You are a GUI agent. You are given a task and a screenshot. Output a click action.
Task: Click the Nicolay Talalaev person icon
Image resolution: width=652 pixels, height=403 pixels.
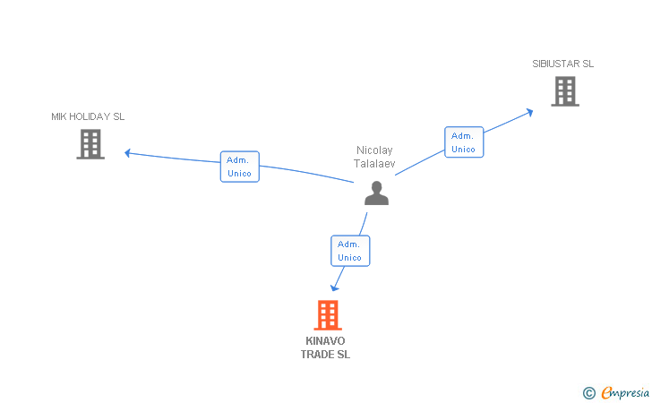click(x=376, y=193)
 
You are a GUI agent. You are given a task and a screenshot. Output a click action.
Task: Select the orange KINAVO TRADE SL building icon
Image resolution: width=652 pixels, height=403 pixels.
click(x=328, y=315)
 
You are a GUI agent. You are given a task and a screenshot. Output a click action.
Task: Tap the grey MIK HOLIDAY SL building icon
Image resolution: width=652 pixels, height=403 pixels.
click(x=90, y=144)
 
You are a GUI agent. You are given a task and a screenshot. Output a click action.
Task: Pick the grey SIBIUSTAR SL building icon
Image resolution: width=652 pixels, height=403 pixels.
click(x=564, y=91)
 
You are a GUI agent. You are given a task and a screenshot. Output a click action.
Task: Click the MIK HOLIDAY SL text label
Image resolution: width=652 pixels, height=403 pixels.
click(x=88, y=116)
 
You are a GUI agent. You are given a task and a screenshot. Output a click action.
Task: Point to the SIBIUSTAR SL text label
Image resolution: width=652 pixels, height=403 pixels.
click(x=563, y=64)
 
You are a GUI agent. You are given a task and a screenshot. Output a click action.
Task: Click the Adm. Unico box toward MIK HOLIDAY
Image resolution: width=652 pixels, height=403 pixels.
click(x=240, y=167)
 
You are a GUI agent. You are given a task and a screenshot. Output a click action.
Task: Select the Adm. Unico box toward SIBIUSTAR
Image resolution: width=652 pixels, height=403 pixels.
click(x=464, y=142)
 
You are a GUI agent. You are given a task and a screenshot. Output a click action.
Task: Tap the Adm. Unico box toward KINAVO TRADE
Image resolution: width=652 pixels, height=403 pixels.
click(x=350, y=251)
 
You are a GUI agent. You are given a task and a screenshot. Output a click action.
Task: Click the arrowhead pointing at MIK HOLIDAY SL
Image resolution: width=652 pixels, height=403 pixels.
click(x=128, y=153)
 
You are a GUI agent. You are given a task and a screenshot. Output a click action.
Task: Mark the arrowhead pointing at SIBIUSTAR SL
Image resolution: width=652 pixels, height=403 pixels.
click(x=529, y=112)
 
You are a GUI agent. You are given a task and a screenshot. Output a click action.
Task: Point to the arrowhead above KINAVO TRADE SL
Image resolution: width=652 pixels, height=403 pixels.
click(x=335, y=287)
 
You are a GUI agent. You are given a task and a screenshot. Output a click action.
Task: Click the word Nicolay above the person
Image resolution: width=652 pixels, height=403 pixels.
click(x=374, y=150)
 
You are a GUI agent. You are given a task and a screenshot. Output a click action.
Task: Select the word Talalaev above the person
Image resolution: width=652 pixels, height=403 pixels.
click(x=375, y=163)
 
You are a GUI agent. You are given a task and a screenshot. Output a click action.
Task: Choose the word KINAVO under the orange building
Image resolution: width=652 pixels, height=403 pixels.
click(x=325, y=341)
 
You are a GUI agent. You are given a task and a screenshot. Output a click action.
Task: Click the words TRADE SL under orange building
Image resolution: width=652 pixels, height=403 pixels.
click(x=325, y=355)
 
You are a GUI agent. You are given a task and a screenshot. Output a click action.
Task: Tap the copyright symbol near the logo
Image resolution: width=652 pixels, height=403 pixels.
click(x=588, y=392)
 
